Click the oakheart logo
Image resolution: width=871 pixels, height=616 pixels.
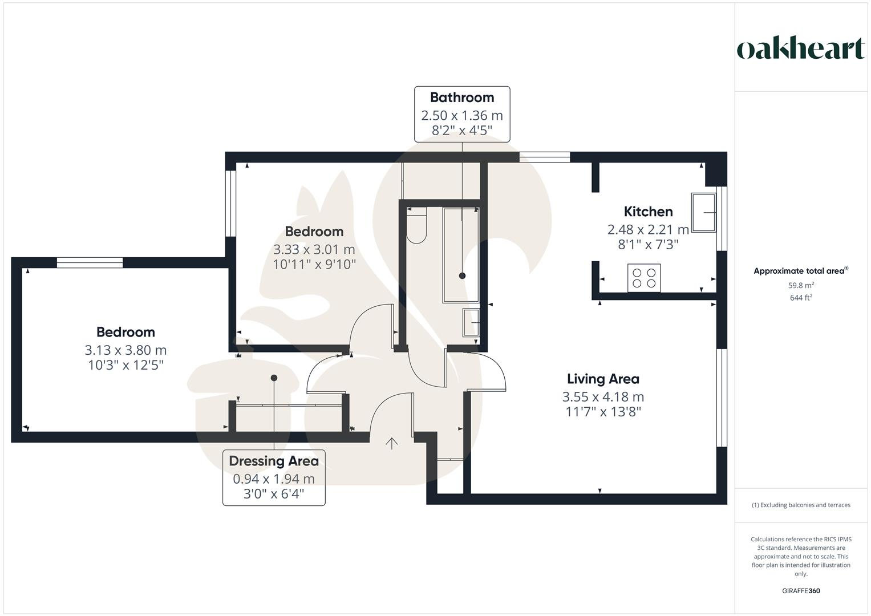click(800, 48)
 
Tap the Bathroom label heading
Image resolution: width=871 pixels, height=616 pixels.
click(461, 98)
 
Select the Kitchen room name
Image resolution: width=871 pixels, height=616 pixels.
click(648, 212)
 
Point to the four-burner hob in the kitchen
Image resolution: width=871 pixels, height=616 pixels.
click(644, 278)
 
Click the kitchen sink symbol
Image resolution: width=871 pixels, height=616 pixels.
click(703, 212)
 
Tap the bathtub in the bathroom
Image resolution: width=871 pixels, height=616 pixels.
click(461, 255)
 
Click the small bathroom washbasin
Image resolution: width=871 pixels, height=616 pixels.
click(471, 323)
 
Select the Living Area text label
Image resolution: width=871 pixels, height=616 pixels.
click(603, 379)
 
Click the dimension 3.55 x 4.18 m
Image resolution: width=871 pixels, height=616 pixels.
click(603, 397)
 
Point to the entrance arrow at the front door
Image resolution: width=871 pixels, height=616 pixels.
click(392, 443)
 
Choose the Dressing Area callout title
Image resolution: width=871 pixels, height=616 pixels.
click(274, 461)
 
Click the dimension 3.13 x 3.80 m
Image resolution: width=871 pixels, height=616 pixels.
click(125, 350)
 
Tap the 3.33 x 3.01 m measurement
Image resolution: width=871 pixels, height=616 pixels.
click(314, 249)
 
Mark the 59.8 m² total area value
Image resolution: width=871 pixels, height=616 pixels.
click(801, 285)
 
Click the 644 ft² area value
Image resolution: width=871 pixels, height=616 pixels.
click(801, 297)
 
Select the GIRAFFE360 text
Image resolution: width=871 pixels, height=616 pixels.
click(801, 591)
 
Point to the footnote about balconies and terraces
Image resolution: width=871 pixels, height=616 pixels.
click(801, 505)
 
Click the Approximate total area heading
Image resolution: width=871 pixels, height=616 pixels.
click(800, 271)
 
